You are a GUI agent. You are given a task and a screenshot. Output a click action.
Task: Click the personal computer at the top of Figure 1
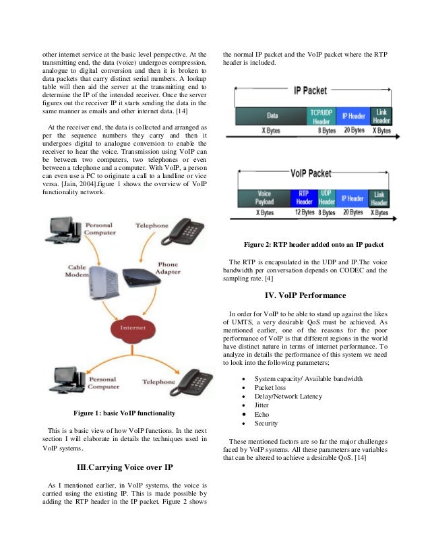(x=65, y=228)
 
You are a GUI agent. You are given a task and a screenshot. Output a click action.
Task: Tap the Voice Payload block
(x=264, y=198)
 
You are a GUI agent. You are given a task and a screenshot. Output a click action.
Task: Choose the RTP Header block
(x=304, y=198)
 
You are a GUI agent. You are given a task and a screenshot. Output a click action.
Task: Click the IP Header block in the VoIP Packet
(x=352, y=198)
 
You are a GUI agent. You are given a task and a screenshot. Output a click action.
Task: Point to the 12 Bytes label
(x=304, y=212)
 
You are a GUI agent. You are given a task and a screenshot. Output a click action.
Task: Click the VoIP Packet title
(x=313, y=173)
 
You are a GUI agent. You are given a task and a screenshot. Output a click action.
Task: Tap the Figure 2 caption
(x=313, y=243)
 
